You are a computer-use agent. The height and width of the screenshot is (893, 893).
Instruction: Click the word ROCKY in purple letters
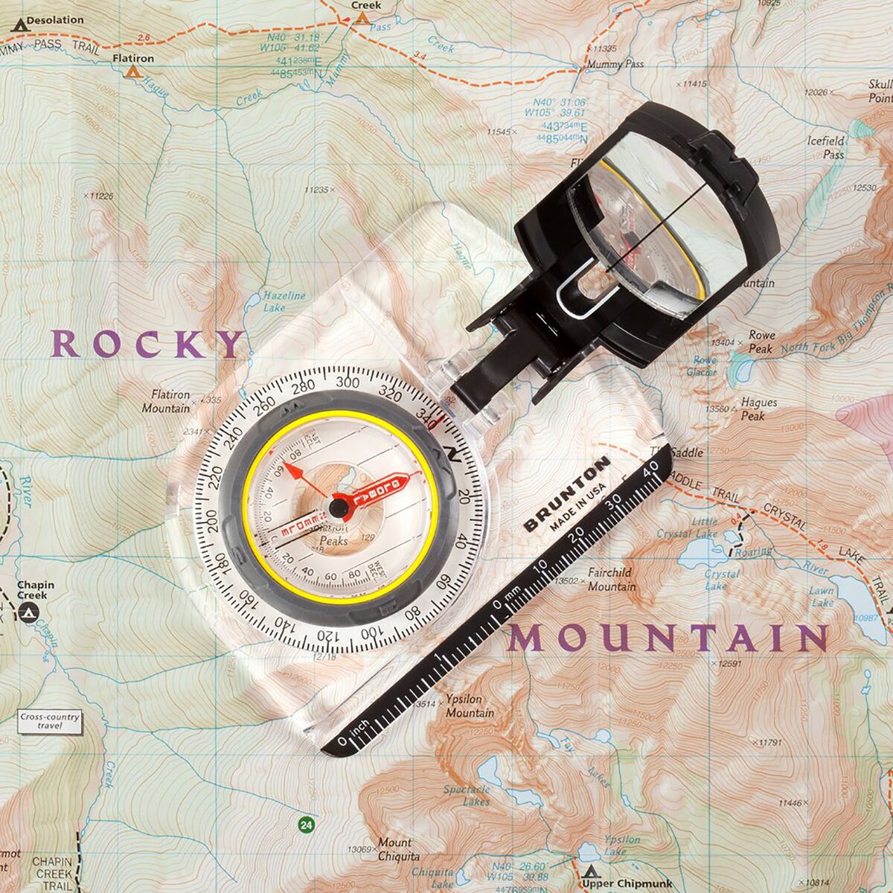[147, 344]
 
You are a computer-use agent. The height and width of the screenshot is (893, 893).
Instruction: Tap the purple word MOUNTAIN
[668, 638]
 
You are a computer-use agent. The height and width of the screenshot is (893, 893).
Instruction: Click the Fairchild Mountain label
[611, 580]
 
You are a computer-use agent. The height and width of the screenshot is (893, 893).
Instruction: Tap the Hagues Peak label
[758, 409]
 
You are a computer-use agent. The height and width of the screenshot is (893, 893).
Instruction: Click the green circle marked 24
[305, 824]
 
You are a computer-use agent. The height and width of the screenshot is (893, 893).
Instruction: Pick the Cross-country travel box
[49, 721]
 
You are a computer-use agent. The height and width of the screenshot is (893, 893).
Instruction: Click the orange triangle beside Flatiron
[133, 72]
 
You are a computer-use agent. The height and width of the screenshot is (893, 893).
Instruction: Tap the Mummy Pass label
[615, 65]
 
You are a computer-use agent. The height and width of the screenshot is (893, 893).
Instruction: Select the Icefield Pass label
[825, 147]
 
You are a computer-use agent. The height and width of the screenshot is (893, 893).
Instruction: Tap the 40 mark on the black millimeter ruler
[652, 469]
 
